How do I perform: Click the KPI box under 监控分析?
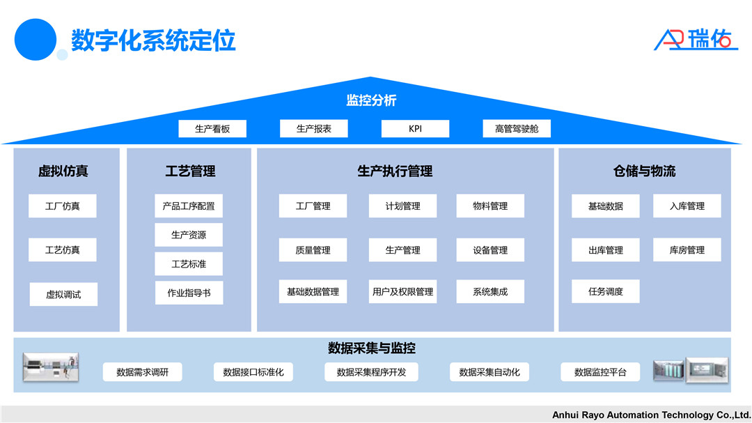[x=415, y=129]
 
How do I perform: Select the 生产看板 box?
[x=212, y=129]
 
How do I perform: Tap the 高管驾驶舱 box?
[x=517, y=129]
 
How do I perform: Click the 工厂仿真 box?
[x=63, y=206]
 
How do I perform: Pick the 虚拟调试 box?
[x=63, y=294]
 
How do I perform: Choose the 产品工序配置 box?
[x=189, y=206]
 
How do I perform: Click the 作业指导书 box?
[x=189, y=293]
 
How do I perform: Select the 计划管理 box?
[x=403, y=206]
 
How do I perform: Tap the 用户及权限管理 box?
[x=403, y=292]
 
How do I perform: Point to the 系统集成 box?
[x=490, y=292]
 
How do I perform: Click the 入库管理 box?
[x=687, y=206]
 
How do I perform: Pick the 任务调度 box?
[x=606, y=292]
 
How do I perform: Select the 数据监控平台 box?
[x=600, y=372]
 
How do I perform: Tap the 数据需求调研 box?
[x=143, y=372]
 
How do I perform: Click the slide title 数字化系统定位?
[x=153, y=40]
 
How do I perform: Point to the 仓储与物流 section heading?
[x=645, y=171]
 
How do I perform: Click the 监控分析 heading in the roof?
[x=371, y=100]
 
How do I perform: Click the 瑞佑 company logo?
[x=696, y=39]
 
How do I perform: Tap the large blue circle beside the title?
[x=35, y=39]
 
